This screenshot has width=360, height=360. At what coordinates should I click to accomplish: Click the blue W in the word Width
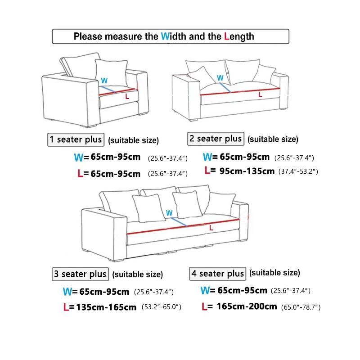tap(165, 36)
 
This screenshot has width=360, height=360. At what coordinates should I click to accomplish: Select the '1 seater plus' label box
tap(76, 139)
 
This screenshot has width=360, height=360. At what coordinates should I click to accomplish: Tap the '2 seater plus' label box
tap(216, 139)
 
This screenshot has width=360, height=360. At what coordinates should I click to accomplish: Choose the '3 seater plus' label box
tap(80, 274)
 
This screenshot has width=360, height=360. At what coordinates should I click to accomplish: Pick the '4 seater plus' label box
tap(218, 274)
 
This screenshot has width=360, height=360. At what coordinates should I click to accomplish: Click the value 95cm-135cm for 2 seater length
tap(247, 171)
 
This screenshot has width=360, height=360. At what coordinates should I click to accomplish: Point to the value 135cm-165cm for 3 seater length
tap(107, 307)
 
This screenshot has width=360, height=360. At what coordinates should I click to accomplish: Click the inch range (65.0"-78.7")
tap(301, 307)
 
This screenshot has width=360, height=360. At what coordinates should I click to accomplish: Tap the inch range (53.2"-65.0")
tap(161, 307)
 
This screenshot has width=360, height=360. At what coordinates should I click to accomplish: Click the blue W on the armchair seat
tap(104, 81)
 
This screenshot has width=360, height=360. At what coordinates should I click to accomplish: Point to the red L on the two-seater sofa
tap(260, 94)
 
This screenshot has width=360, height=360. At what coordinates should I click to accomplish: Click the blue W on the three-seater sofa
tap(169, 212)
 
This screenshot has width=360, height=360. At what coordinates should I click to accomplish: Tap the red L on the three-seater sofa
tap(211, 228)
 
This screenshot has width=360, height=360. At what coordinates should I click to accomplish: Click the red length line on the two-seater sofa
tap(238, 92)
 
